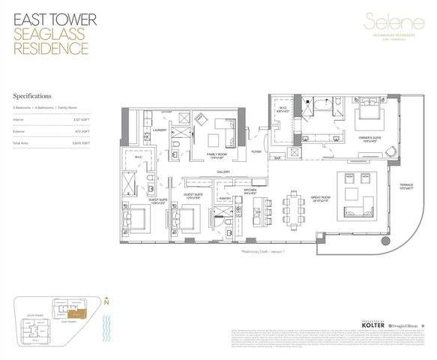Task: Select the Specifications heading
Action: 34,97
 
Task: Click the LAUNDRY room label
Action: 158,130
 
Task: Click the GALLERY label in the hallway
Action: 223,172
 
